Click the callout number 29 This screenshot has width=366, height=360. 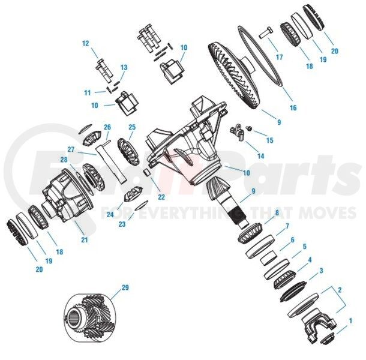point(125,287)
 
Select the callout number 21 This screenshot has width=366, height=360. point(85,240)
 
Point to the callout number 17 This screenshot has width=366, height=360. point(280,57)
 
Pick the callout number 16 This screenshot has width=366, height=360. point(293,107)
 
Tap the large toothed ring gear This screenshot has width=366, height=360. point(233,75)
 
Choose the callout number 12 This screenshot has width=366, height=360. point(86,43)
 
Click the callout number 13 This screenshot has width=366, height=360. point(124,67)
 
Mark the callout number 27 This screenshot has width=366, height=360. point(71,149)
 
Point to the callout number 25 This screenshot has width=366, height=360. point(132,127)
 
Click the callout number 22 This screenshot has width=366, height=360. point(161,197)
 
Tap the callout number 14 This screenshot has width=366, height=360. point(261,155)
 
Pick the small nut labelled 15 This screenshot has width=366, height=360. point(250,128)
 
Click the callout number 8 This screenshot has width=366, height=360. point(277,212)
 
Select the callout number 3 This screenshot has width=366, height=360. point(321,271)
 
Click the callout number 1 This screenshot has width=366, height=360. point(350,321)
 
